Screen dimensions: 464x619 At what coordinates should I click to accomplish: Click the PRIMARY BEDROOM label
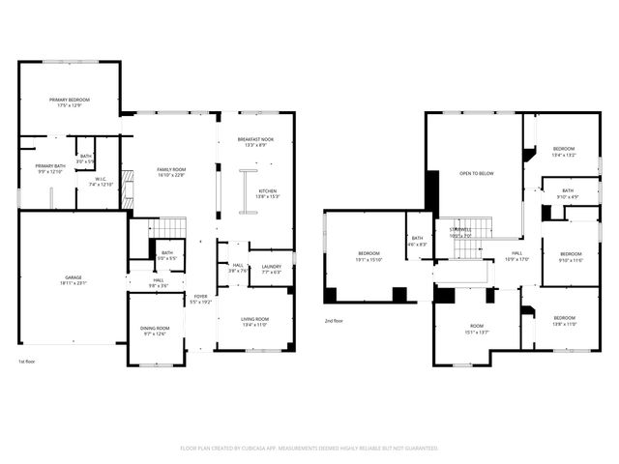point(69,101)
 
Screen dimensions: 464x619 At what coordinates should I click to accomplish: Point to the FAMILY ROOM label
point(171,169)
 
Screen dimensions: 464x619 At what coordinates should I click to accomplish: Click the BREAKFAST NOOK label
point(256,140)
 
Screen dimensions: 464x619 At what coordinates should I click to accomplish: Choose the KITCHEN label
point(267,191)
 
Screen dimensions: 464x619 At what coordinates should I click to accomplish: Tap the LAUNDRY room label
point(271,267)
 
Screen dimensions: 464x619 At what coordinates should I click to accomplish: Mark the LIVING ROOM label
point(254,319)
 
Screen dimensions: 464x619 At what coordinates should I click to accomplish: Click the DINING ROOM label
point(155,329)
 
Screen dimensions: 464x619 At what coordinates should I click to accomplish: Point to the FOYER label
point(200,297)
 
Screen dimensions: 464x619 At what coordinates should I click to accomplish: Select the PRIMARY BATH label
point(49,165)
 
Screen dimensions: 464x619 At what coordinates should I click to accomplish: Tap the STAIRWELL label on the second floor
point(460,229)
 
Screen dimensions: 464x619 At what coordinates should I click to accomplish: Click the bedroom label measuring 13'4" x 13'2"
point(563,149)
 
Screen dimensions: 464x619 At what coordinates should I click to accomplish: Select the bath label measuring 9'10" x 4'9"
point(566,191)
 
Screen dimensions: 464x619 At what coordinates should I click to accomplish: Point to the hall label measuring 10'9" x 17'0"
point(516,254)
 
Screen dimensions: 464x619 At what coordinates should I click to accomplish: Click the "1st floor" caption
point(27,362)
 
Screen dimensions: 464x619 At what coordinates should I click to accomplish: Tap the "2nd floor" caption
point(334,321)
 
